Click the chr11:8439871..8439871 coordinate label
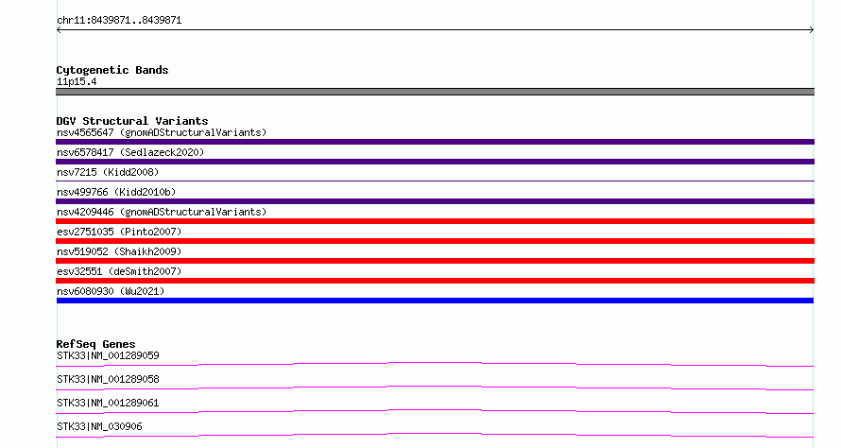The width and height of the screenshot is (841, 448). tap(119, 21)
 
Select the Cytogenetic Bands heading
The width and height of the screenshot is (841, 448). tap(112, 70)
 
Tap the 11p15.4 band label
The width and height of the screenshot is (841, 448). tap(77, 82)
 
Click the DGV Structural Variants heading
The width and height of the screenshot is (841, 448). tap(132, 121)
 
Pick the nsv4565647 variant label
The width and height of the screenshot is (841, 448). tap(162, 132)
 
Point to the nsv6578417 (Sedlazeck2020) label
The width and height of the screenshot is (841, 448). tap(130, 152)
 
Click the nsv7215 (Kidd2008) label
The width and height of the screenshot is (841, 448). tap(108, 172)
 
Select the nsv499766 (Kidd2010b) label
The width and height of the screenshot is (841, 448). tap(116, 192)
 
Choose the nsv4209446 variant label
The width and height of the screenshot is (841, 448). tap(162, 212)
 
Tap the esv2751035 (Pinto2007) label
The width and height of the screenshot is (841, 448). tap(119, 232)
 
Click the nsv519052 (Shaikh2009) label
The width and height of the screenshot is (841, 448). tap(119, 251)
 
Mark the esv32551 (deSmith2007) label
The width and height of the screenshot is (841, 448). tap(119, 271)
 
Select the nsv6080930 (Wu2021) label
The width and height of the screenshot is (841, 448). tap(111, 291)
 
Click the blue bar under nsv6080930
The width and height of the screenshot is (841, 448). tap(435, 301)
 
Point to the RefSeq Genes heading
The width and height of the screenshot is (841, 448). tap(95, 344)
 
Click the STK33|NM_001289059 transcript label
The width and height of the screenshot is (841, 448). tap(108, 355)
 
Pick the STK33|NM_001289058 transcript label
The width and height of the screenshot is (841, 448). tap(108, 379)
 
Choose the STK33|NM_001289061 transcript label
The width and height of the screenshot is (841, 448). tap(108, 403)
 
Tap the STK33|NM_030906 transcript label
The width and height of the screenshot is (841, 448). tap(99, 426)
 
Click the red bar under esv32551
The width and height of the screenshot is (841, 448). tap(435, 281)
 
